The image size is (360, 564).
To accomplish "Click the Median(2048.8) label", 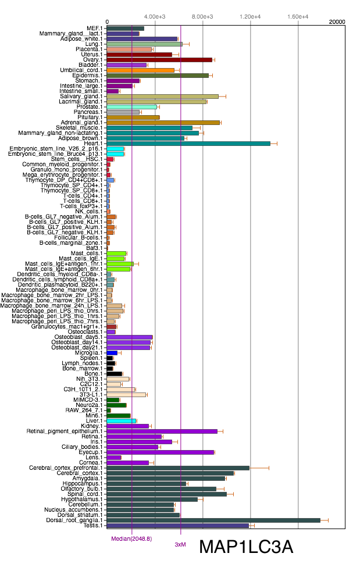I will (131, 539).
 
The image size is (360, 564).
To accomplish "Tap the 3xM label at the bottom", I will (180, 545).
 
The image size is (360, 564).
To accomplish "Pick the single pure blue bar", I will (112, 353).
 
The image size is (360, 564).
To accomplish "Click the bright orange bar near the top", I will (140, 70).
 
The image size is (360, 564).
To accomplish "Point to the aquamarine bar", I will (131, 107).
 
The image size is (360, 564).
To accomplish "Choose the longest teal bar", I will (188, 144).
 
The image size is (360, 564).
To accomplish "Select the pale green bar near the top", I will (144, 44).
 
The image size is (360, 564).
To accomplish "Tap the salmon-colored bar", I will (129, 49).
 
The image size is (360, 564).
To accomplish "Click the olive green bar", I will (157, 76).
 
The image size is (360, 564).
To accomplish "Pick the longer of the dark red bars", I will (159, 60).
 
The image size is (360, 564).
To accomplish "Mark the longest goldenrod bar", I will (163, 123).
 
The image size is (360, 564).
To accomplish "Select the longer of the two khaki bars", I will (162, 97).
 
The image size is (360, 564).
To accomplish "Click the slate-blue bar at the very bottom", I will (177, 526).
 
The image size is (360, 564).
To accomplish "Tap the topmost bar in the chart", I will (125, 28).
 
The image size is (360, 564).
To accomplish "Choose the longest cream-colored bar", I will (126, 395).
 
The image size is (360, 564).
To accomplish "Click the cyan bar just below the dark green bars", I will (121, 421).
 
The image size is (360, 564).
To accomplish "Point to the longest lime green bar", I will (120, 264).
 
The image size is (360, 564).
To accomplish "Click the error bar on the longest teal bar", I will (273, 144).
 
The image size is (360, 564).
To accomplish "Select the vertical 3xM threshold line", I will (181, 291).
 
